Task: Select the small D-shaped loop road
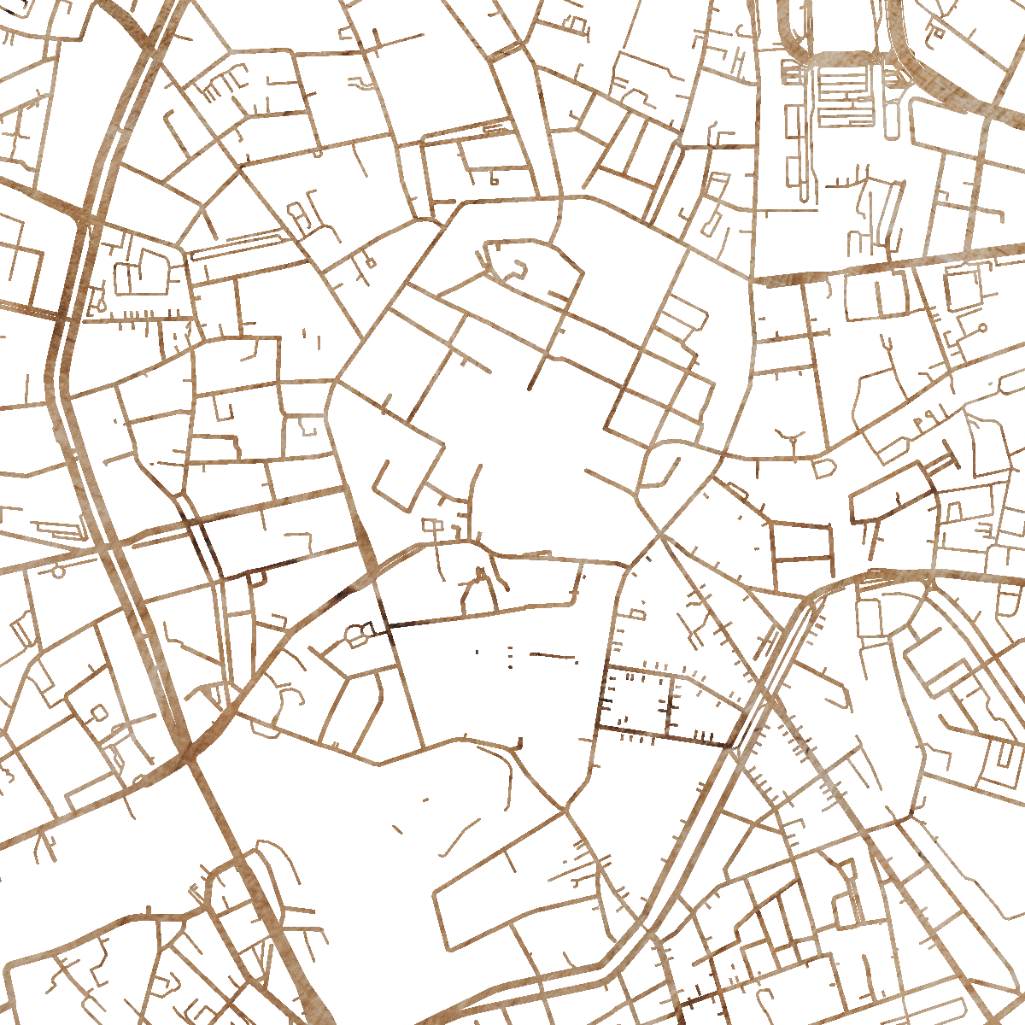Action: point(823,468)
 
